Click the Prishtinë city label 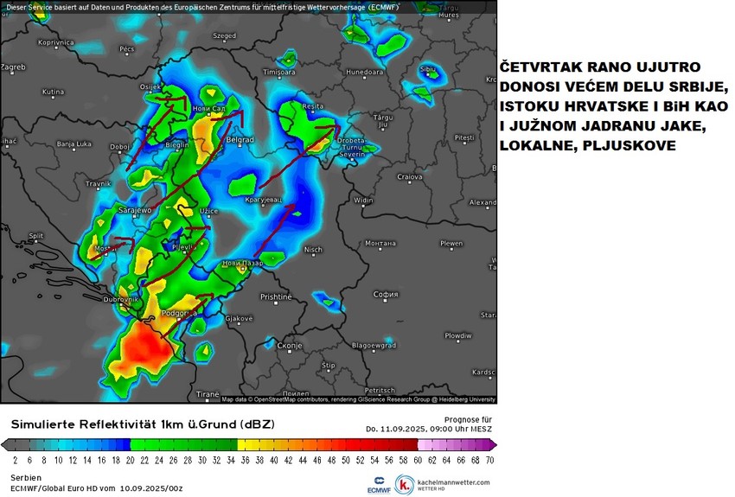[276, 296]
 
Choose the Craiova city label [409, 176]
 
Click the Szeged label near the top [224, 36]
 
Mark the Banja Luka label [73, 143]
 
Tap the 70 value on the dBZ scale [489, 460]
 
